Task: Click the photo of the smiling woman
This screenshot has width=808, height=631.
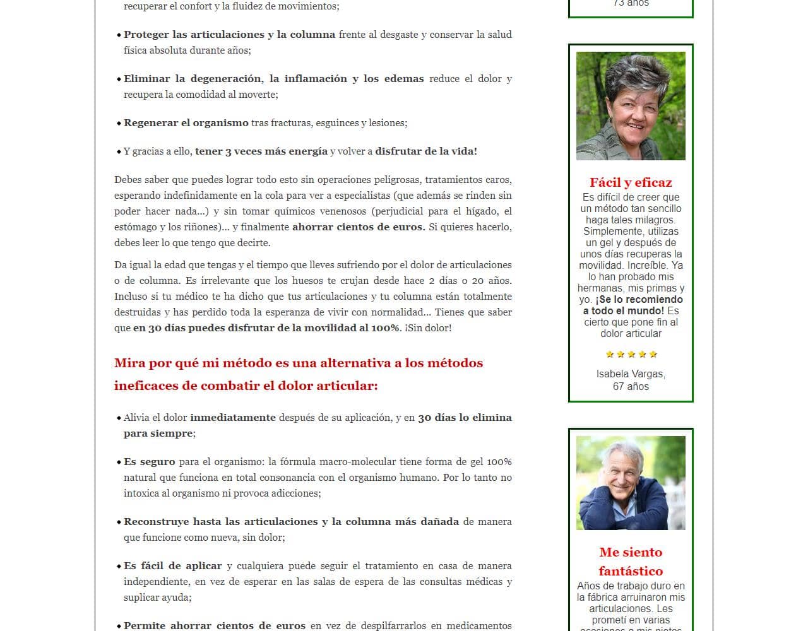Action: point(631,106)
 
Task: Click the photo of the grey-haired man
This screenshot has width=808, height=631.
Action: point(631,483)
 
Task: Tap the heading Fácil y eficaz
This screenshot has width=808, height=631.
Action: point(631,182)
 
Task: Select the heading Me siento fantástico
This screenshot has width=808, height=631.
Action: point(631,561)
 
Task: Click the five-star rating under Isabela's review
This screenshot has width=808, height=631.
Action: point(631,354)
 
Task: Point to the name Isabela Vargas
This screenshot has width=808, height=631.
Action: point(631,374)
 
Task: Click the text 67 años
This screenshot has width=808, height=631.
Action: point(631,386)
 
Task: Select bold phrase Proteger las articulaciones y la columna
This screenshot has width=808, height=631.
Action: point(229,35)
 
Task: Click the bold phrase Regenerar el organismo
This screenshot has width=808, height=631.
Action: point(186,123)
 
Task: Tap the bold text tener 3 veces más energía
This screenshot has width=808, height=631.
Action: point(261,151)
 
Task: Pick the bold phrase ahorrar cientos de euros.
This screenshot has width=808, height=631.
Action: point(358,227)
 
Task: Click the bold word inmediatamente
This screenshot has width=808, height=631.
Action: point(232,418)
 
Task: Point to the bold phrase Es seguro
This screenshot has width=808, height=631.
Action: point(149,462)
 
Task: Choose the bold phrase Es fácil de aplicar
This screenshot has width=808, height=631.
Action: point(172,566)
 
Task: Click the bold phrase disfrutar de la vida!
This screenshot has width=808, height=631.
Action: point(425,151)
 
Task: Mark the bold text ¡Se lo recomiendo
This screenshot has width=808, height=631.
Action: point(639,299)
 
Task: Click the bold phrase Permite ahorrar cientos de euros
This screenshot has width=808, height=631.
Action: point(214,625)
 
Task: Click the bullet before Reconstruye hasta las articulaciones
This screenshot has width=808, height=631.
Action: point(119,522)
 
